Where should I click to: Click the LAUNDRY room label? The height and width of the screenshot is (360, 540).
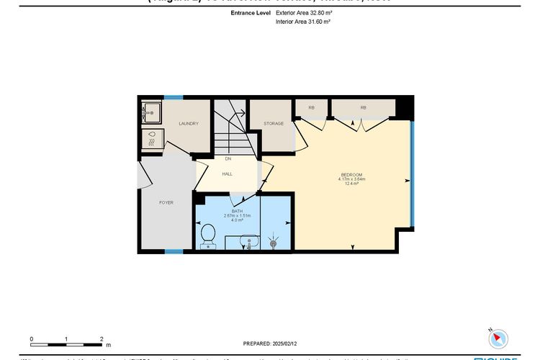pos(188,124)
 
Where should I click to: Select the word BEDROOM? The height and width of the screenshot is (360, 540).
pos(351,175)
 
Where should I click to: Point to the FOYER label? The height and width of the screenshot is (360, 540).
pos(166,203)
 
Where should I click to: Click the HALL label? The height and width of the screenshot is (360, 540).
pos(226,174)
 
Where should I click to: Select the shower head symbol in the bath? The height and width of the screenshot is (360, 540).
pos(274,243)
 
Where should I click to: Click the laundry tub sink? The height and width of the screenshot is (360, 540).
pos(152,112)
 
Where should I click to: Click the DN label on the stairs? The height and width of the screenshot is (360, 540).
pos(228,158)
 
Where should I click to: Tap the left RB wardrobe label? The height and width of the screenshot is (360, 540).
pos(311,108)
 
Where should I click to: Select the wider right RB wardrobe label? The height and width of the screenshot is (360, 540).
pos(363,108)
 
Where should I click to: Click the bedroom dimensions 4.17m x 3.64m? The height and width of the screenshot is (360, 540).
pos(351,179)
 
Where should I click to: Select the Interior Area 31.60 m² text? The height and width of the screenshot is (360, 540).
pos(302,22)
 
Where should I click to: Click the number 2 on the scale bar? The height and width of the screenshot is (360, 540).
pos(102,338)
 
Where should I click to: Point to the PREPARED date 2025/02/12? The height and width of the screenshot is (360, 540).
pos(270,344)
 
